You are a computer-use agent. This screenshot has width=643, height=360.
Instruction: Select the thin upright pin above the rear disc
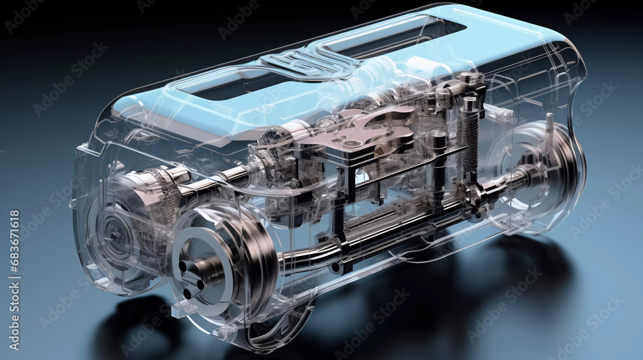(x=549, y=129)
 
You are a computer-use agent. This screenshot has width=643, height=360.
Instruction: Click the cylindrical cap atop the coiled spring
(x=469, y=103)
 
